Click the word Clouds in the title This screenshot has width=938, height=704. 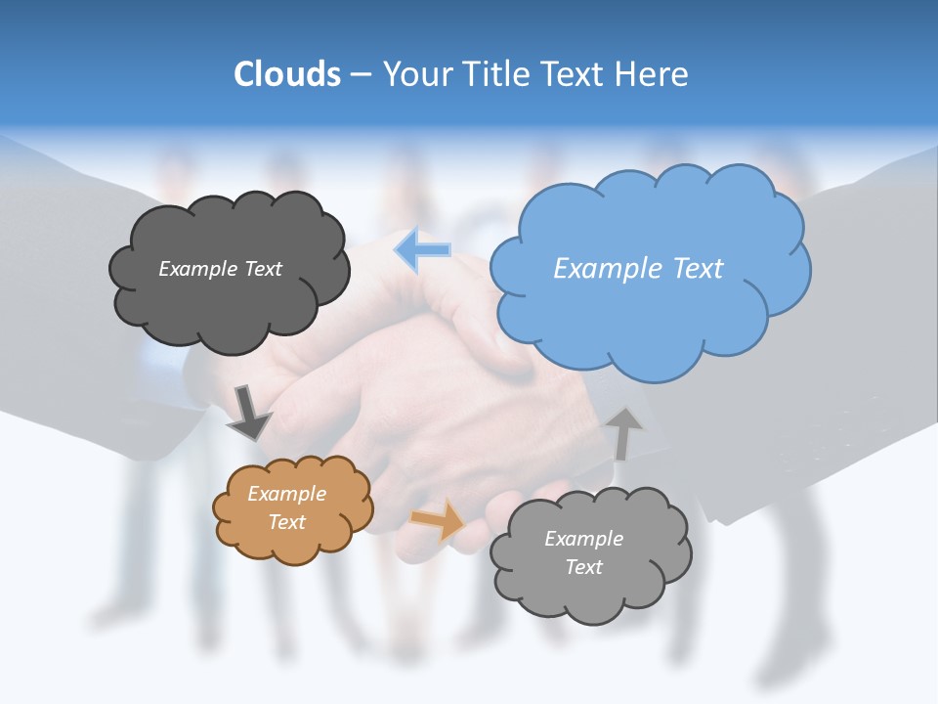287,74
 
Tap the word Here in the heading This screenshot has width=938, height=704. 653,74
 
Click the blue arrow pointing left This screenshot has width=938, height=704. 423,250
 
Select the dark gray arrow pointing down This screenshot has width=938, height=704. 249,413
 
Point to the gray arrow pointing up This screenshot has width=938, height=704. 625,431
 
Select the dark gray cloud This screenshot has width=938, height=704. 229,303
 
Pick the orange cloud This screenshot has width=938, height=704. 292,538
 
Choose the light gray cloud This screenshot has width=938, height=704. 590,587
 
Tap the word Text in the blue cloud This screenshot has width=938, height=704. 699,269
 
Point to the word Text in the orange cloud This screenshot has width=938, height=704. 287,522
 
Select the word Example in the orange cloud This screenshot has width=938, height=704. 287,494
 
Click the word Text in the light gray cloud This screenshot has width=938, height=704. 584,567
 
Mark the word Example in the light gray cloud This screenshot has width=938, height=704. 584,539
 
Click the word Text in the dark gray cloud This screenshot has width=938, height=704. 262,269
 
